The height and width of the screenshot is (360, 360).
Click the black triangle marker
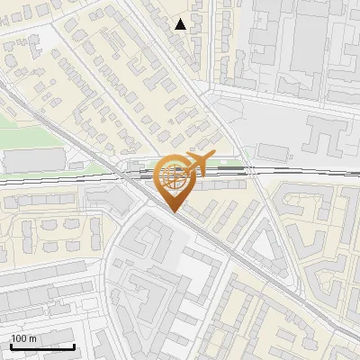181,24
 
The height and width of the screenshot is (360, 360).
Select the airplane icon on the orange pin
196,163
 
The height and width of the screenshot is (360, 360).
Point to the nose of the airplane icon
214,154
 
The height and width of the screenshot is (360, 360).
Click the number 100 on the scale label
20,339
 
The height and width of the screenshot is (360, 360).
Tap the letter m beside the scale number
32,339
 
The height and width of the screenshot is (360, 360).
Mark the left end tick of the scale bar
11,346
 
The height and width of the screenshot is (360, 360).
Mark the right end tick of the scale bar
74,346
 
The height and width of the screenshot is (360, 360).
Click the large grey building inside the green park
34,161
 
